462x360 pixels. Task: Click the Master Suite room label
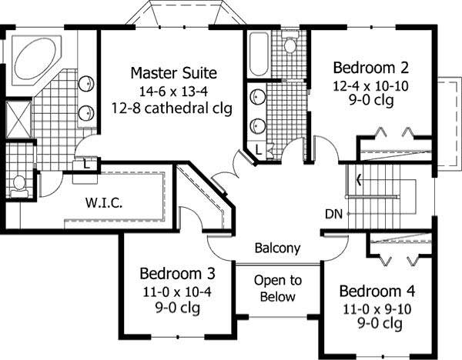click(x=173, y=73)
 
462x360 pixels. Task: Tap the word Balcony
click(x=277, y=248)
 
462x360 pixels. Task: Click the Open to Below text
click(x=277, y=288)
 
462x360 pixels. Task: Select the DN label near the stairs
click(x=333, y=213)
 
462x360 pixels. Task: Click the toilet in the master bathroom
click(x=19, y=185)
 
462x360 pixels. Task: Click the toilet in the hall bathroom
click(x=290, y=44)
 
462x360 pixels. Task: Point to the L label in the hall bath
click(x=259, y=150)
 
